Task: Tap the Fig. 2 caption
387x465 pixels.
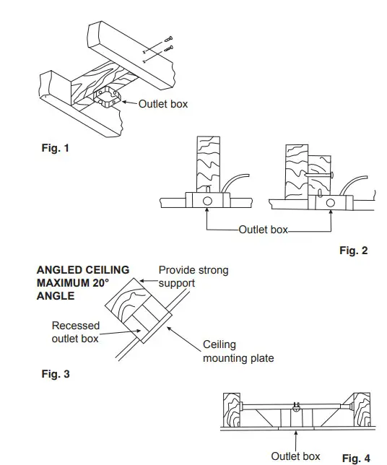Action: coord(353,251)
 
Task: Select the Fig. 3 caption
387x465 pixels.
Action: coord(56,374)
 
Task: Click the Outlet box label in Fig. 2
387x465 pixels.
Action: coord(263,230)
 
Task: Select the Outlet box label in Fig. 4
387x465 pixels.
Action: coord(295,456)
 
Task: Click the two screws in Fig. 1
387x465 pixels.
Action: coord(166,45)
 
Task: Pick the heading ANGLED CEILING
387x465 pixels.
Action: coord(82,270)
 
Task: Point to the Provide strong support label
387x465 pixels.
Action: coord(193,277)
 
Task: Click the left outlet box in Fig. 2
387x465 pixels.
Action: coord(207,200)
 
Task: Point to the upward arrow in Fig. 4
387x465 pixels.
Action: coord(296,438)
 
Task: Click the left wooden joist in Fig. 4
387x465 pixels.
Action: coord(232,409)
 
